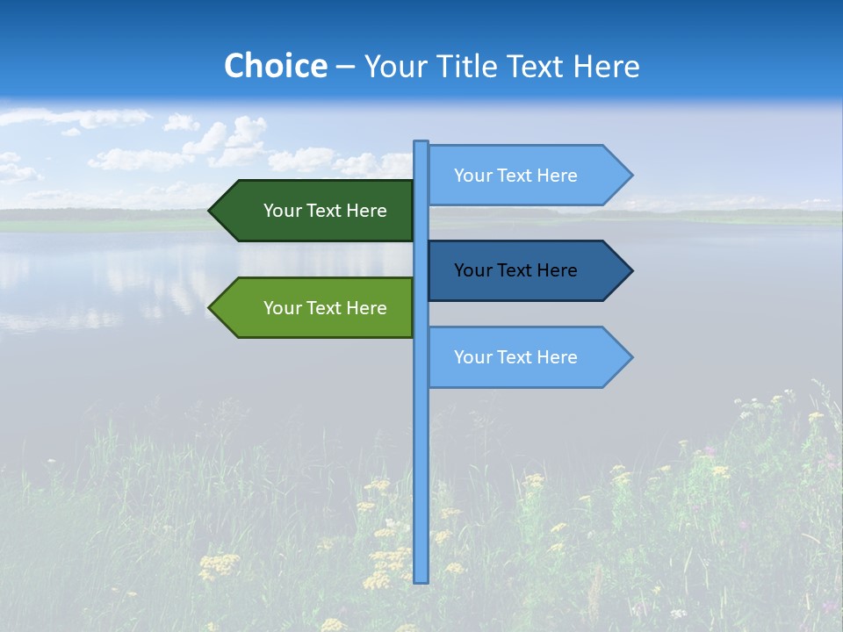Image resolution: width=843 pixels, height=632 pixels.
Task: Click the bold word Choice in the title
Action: pos(275,67)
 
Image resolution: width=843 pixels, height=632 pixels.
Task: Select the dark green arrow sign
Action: pos(316,211)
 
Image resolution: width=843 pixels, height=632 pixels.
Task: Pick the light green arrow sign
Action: pos(316,308)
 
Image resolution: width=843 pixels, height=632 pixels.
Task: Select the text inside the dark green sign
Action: pos(325,211)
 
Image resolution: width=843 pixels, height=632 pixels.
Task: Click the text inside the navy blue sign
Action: pos(515,270)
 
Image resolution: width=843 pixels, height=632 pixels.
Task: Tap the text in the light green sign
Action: pos(325,308)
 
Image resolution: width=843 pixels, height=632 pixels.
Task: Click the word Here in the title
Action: pos(606,67)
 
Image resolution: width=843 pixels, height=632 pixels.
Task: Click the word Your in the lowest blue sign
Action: pos(472,357)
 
